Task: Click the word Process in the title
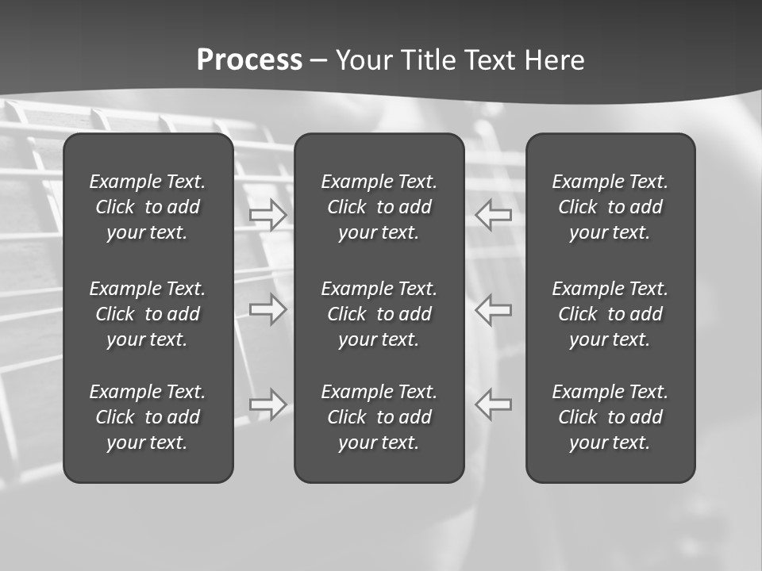249,60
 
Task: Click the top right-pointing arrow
268,214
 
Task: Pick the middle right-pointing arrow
268,308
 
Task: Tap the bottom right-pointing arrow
268,404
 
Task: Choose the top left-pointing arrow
493,214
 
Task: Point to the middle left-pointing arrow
493,308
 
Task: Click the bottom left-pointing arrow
493,404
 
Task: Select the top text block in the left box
148,207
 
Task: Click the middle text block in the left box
148,314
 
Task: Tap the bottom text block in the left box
148,417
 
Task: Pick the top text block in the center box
379,207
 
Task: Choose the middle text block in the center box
379,314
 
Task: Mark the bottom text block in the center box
379,417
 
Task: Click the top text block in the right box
610,207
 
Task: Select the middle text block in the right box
610,314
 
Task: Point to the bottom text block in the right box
610,417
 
